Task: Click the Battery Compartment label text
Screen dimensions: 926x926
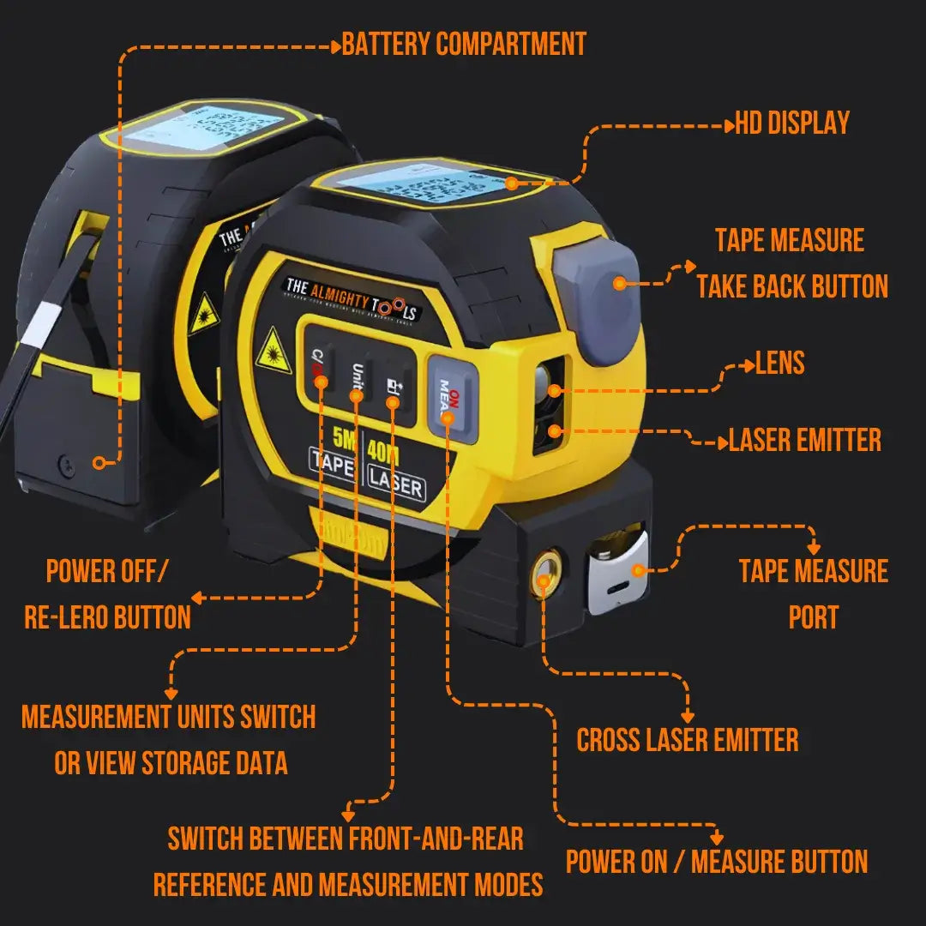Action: tap(464, 45)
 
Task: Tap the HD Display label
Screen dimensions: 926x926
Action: tap(792, 123)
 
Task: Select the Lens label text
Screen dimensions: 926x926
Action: tap(779, 364)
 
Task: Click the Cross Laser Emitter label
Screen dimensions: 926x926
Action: tap(687, 740)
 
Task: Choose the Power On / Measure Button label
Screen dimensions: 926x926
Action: tap(717, 862)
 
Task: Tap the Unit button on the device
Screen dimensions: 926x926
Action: tap(356, 382)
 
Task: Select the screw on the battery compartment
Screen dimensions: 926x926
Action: tap(65, 467)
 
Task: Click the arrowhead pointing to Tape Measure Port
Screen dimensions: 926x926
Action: tap(814, 548)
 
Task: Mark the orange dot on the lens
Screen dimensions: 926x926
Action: tap(555, 391)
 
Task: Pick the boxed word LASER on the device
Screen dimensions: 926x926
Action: tap(395, 485)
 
